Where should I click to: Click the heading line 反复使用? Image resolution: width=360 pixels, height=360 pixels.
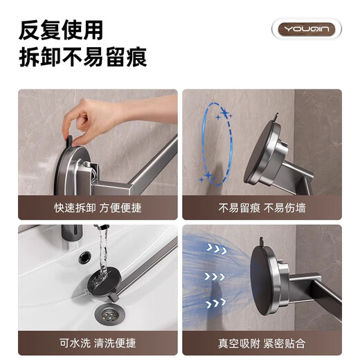pyautogui.click(x=61, y=30)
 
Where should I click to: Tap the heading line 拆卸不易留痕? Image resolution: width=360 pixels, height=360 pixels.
pyautogui.click(x=82, y=57)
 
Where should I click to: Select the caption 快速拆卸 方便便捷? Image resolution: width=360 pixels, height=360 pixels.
pyautogui.click(x=97, y=208)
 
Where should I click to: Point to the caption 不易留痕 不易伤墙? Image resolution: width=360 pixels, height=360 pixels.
pyautogui.click(x=262, y=208)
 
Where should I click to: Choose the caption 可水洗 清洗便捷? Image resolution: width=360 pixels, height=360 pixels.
pyautogui.click(x=97, y=343)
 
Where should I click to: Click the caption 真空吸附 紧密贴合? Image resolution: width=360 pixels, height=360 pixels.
pyautogui.click(x=262, y=343)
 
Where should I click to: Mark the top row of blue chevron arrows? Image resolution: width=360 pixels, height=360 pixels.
pyautogui.click(x=221, y=248)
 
